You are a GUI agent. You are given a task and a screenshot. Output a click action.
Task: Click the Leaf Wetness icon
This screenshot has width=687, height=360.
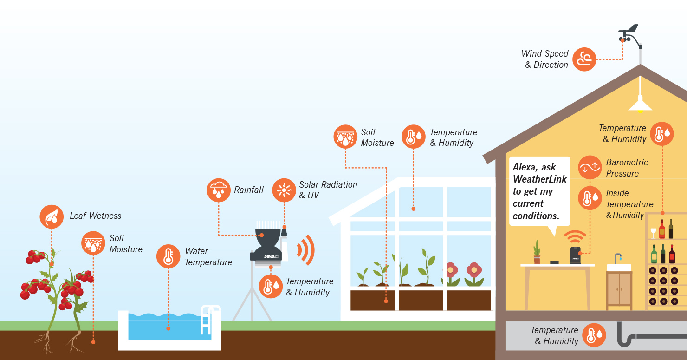(52, 217)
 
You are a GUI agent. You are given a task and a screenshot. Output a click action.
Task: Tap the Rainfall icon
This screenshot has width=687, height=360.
(218, 190)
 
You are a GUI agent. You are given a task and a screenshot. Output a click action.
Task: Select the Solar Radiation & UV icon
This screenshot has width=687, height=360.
(284, 190)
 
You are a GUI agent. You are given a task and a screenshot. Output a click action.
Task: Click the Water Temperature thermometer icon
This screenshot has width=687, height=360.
(168, 256)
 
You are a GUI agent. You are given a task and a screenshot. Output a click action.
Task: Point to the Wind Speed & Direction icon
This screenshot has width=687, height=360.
(584, 59)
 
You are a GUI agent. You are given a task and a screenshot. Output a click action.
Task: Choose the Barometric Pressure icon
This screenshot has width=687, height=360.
(590, 168)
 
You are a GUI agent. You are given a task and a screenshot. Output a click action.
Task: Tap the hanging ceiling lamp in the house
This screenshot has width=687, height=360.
(640, 103)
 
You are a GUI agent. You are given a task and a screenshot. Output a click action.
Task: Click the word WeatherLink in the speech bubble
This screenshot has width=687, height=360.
(539, 179)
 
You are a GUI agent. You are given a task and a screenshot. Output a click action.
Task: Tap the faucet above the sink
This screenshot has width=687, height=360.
(618, 258)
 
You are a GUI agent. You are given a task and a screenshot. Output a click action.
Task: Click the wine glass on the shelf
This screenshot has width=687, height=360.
(654, 232)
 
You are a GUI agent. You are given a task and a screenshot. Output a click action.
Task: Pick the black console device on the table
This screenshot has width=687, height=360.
(576, 255)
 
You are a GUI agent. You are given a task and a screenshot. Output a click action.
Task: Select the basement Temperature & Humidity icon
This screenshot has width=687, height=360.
(594, 335)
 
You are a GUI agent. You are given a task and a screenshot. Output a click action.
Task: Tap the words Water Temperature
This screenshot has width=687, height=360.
(208, 256)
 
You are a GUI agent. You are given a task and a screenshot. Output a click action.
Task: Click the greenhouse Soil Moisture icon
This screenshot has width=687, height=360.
(345, 137)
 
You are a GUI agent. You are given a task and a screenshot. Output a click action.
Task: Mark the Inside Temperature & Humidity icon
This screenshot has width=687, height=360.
(590, 198)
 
